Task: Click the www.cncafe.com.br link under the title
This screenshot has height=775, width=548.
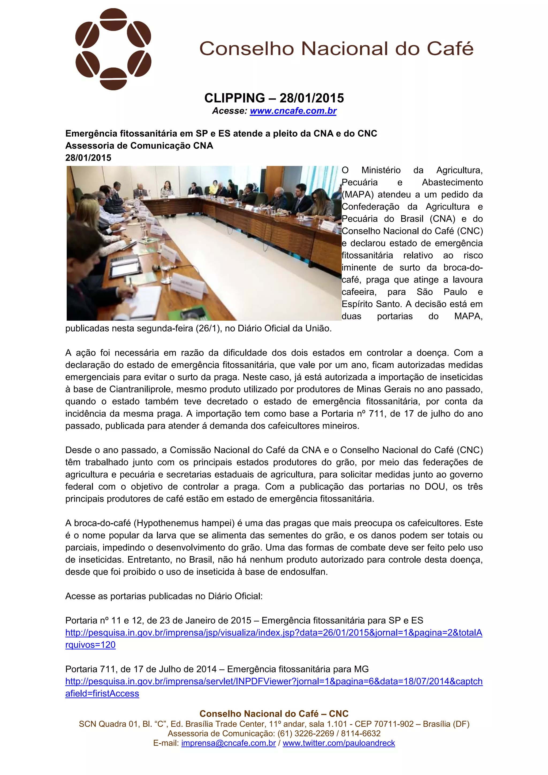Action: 293,111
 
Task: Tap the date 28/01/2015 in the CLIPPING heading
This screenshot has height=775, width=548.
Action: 312,98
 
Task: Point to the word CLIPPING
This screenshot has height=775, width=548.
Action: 235,98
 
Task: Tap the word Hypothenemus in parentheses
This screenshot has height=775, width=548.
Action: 168,523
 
